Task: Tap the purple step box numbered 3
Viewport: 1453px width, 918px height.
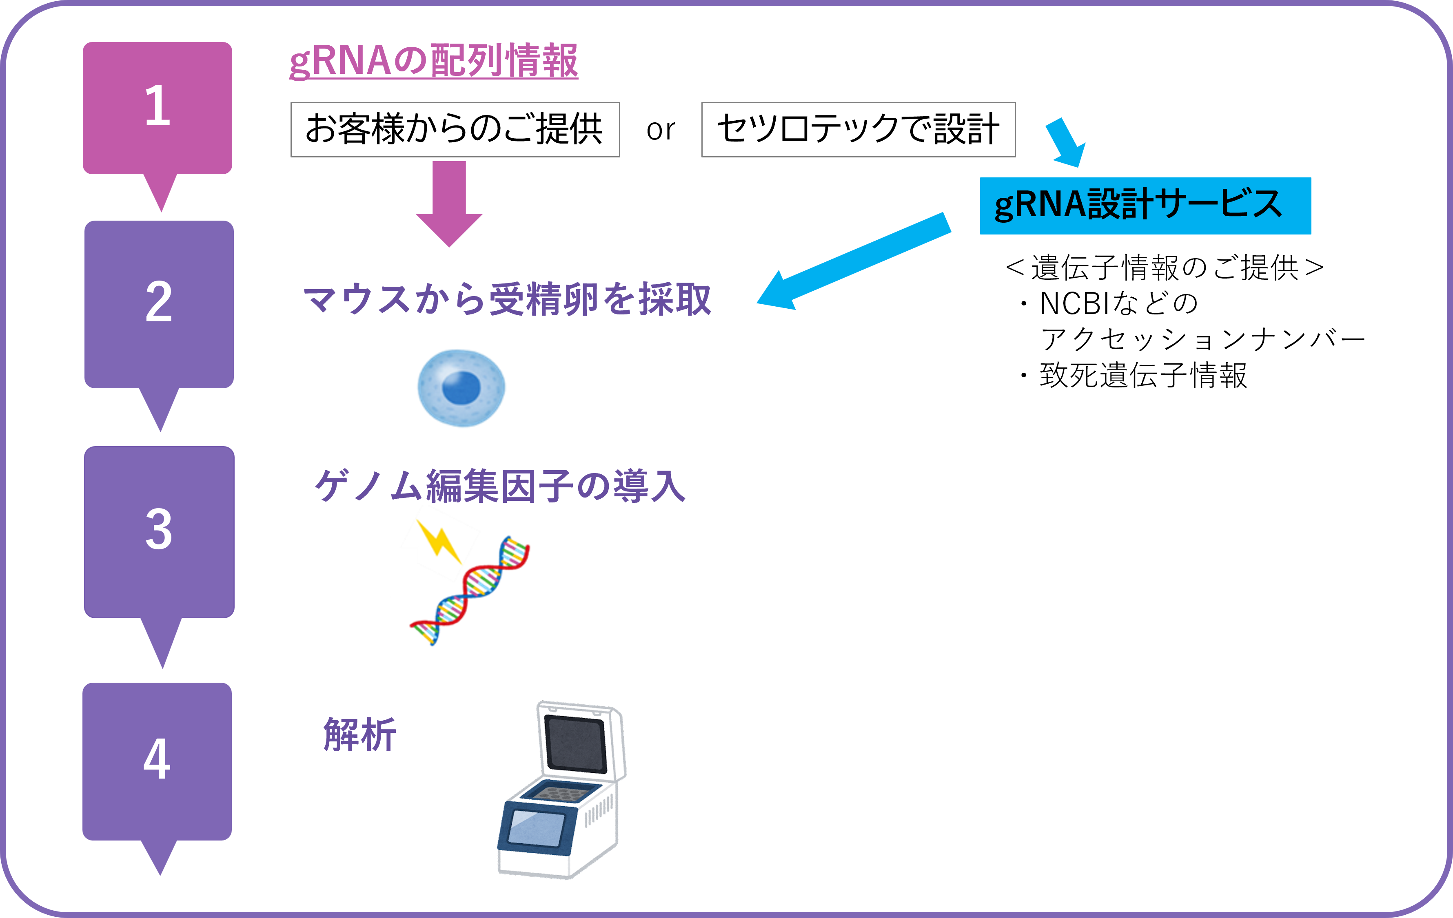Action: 159,531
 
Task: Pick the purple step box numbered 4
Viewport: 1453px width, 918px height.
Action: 157,760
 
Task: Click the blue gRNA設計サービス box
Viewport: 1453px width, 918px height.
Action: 1145,205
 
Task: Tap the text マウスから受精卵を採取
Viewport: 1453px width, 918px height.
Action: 507,299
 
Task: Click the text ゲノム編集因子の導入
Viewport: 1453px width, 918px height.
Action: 499,486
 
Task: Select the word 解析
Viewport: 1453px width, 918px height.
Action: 359,734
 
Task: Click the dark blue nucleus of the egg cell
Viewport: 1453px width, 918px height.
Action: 461,387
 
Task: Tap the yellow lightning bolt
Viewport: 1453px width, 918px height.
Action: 441,541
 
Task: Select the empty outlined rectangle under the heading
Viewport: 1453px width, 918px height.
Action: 455,130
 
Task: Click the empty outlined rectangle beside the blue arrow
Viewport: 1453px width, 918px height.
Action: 858,130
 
